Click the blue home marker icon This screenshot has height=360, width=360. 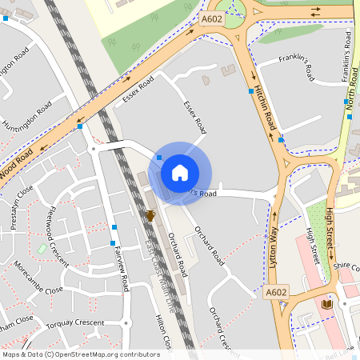click(180, 172)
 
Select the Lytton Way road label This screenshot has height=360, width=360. click(274, 241)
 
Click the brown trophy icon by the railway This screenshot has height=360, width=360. click(150, 215)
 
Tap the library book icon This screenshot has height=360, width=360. click(326, 305)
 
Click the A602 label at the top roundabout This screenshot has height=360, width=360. click(212, 18)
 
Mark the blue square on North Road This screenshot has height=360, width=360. click(350, 117)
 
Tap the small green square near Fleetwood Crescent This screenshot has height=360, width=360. click(41, 249)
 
